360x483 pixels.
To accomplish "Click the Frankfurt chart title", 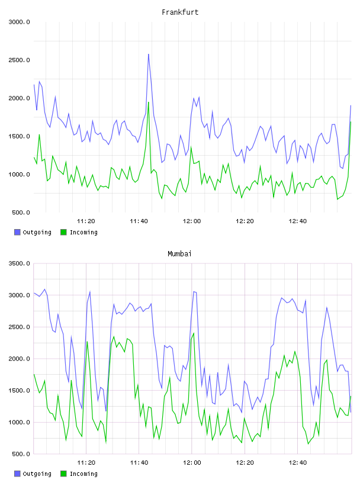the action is [180, 12].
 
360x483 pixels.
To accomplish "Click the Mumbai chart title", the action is [179, 254].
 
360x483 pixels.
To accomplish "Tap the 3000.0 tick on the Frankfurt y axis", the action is [20, 22].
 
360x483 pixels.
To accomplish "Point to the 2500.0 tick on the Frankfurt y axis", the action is [20, 60].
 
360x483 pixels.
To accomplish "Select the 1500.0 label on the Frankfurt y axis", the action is [20, 137].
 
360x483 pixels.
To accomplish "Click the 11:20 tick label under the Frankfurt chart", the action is [86, 221].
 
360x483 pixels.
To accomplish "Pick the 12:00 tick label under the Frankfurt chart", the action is [192, 221].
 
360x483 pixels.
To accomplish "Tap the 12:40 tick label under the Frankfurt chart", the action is [298, 221].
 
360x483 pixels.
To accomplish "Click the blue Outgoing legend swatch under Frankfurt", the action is [17, 232].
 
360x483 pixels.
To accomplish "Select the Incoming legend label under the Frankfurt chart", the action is [83, 233].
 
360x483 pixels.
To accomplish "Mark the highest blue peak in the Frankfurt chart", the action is [149, 54].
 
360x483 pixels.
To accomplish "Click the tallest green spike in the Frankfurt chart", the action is [149, 102].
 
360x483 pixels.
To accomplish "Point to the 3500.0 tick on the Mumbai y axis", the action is [20, 263].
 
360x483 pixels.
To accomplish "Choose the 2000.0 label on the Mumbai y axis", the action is [20, 359].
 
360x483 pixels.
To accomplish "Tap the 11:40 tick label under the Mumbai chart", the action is [139, 463].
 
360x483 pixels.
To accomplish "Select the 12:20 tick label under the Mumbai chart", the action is [245, 463].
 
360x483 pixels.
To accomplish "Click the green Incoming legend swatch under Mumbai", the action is [63, 474].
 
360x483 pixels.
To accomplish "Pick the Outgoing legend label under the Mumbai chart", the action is [37, 474].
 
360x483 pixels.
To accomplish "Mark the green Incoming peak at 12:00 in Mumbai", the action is [194, 333].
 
